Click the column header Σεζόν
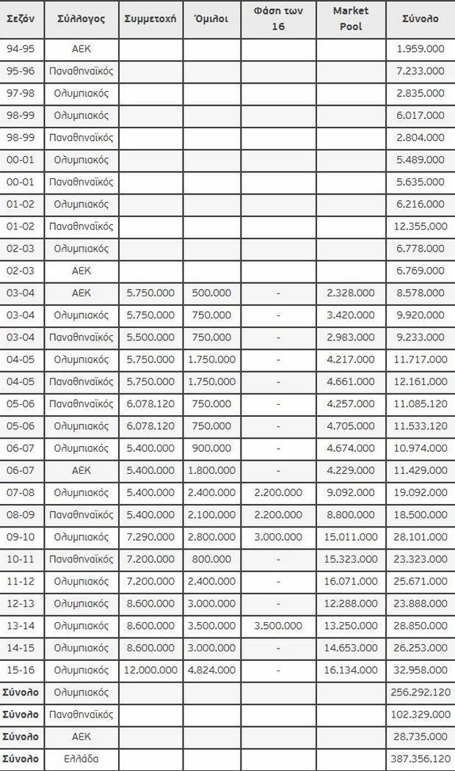coord(21,19)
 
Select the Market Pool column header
coord(351,19)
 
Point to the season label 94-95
coord(21,50)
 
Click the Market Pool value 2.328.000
coord(351,293)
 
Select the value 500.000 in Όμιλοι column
coord(211,293)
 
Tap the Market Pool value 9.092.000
coord(351,492)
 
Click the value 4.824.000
coord(211,670)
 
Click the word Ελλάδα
coord(81,759)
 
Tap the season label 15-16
coord(21,670)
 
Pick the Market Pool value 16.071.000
coord(351,581)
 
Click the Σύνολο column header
coord(421,19)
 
